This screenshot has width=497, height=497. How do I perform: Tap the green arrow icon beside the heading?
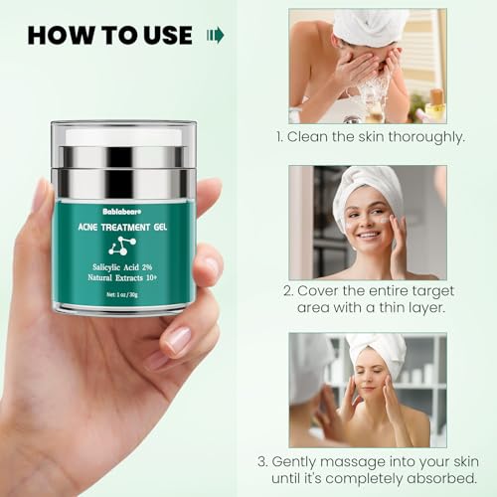tap(215, 36)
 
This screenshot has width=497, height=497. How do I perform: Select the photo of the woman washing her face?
tap(368, 65)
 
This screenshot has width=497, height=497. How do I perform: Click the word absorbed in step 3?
tap(429, 479)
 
